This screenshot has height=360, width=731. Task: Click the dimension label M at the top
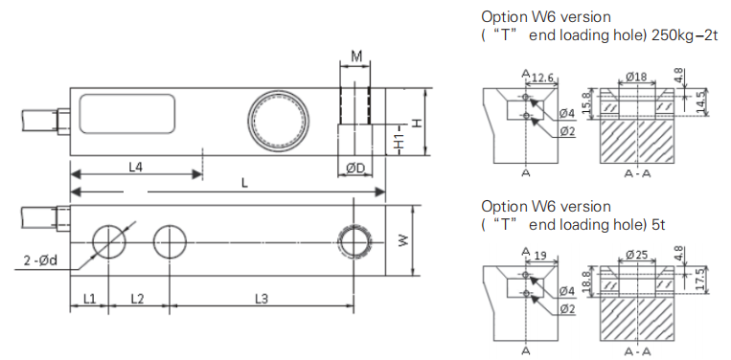click(356, 56)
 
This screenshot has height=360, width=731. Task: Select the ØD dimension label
click(355, 169)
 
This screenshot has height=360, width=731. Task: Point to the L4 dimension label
click(136, 168)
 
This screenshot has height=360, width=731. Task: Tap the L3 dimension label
click(262, 299)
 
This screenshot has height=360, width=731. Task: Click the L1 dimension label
click(89, 299)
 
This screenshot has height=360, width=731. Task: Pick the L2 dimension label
click(137, 299)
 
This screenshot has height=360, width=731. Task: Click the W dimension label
click(403, 240)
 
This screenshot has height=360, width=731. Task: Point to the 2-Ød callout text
click(40, 260)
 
